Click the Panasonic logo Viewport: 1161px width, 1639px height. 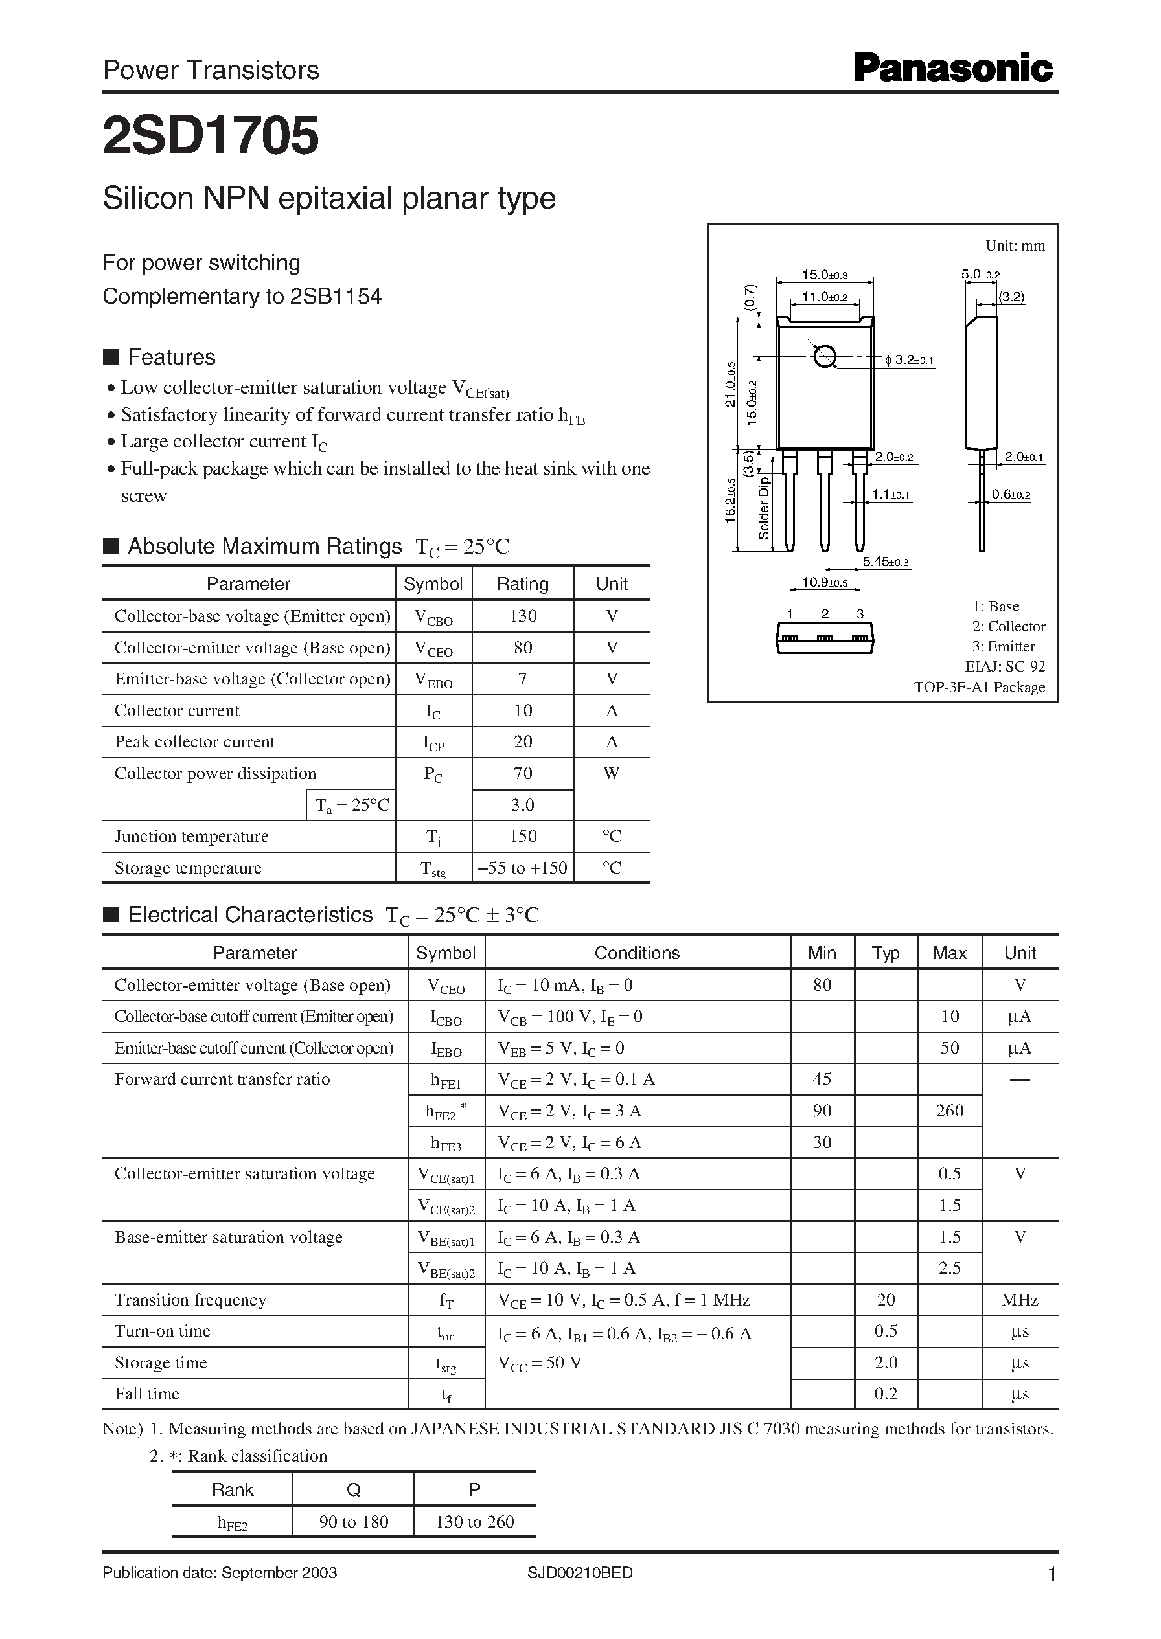point(953,69)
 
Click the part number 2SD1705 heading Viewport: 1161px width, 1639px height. point(211,136)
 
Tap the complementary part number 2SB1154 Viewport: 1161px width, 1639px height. point(336,296)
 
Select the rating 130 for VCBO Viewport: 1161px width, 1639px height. point(523,616)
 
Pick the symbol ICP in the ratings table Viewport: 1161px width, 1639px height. point(433,743)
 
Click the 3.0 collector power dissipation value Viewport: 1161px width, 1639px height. point(523,805)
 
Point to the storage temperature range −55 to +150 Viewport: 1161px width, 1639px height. point(523,868)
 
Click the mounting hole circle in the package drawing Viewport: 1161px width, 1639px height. point(825,356)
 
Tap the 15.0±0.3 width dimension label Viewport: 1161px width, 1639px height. point(824,275)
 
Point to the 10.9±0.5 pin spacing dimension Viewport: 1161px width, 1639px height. point(824,582)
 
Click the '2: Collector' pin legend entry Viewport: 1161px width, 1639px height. point(1008,627)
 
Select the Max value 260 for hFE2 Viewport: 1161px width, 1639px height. point(949,1111)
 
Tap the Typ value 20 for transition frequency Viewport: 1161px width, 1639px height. point(886,1300)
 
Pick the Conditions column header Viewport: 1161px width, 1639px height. point(637,953)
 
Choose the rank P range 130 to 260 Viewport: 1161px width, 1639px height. point(475,1522)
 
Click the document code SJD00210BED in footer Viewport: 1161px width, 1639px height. point(580,1573)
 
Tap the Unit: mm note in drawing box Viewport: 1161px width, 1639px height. point(1015,246)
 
